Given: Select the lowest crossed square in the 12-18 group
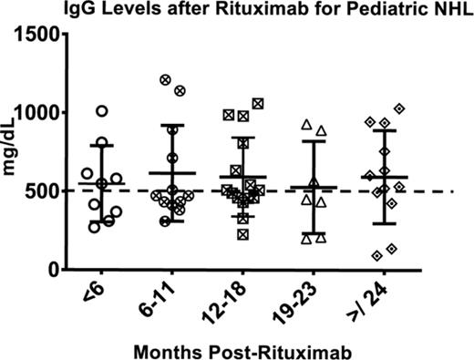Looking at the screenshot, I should (x=243, y=234).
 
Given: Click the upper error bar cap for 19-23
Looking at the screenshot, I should (x=314, y=141).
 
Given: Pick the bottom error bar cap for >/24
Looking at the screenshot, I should (x=385, y=223).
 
